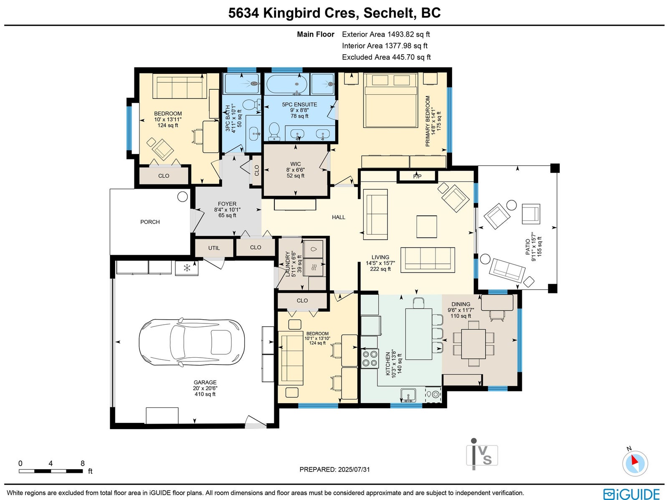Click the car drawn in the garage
pos(192,338)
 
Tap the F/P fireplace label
pos(417,177)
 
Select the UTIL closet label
pos(214,248)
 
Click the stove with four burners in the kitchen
pos(370,358)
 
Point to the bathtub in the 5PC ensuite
pos(286,84)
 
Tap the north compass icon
pos(635,463)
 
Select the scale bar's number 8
pos(83,463)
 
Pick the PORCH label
pos(150,222)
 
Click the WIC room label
pos(296,164)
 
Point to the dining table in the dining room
pos(473,344)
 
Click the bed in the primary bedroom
pos(390,100)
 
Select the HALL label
pos(339,217)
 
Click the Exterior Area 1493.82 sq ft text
pos(386,34)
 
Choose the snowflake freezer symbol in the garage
pos(187,268)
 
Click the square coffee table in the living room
pos(427,227)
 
